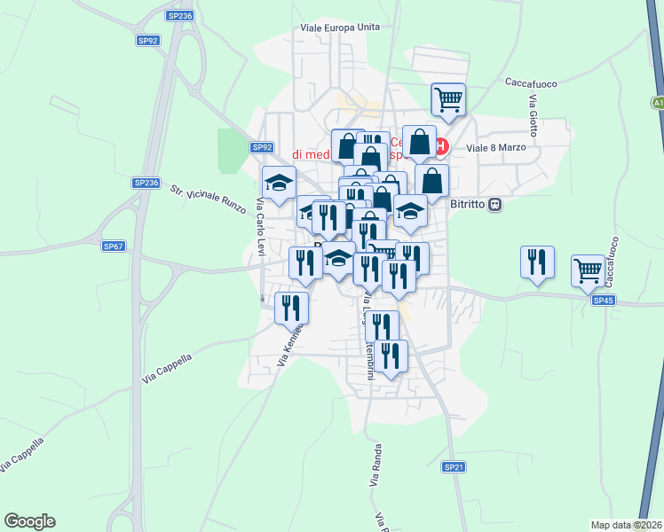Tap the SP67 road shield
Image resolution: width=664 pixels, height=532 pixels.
[113, 246]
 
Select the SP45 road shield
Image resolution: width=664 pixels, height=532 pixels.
[603, 301]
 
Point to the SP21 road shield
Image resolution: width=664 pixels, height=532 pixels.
[454, 466]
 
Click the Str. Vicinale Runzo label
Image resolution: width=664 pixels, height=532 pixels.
[202, 197]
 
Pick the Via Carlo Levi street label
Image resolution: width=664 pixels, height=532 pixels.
[261, 227]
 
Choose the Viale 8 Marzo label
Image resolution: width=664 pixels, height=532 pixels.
[496, 147]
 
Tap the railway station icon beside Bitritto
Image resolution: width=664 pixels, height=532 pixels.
[496, 204]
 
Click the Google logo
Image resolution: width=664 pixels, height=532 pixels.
[29, 521]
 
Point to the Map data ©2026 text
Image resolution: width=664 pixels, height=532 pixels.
[627, 525]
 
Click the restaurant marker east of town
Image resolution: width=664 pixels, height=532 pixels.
[538, 262]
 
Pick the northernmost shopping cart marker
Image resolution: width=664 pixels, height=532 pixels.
[449, 98]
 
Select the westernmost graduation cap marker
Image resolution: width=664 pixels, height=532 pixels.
[279, 182]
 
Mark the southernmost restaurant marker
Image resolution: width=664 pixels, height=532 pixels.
[391, 356]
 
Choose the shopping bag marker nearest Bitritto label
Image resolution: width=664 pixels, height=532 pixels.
[431, 180]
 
